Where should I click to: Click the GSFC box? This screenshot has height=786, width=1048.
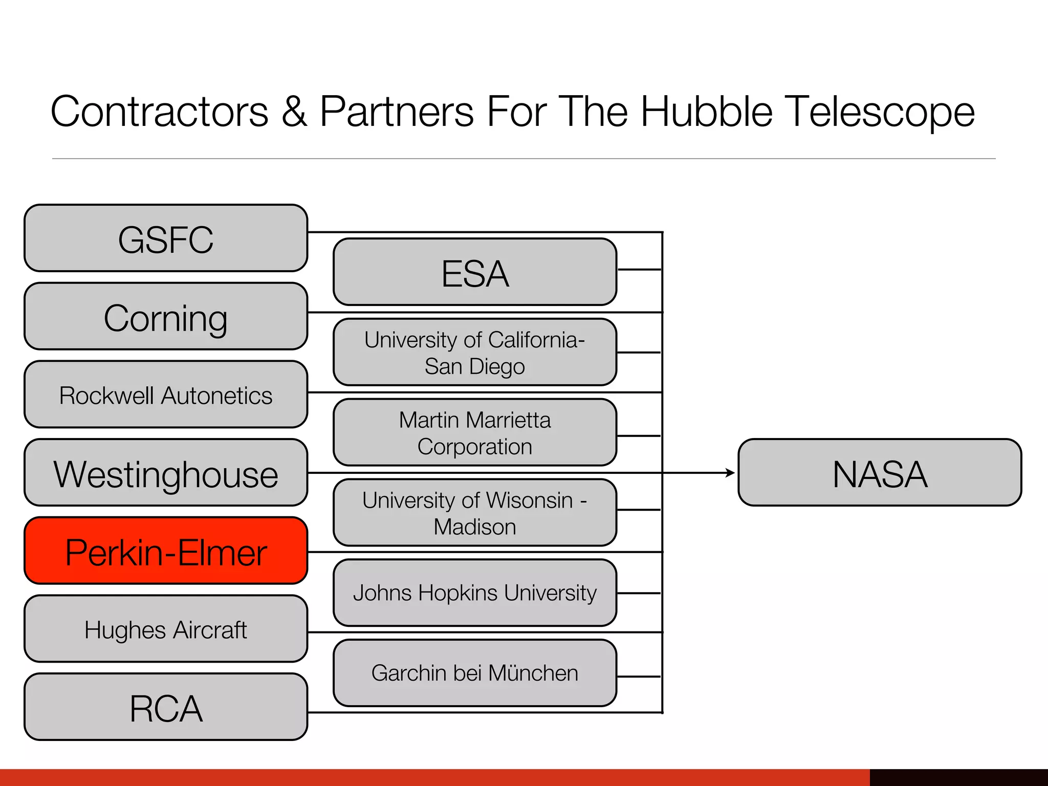coord(166,238)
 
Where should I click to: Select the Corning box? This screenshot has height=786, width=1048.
coord(166,317)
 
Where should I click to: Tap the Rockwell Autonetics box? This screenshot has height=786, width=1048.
coord(166,395)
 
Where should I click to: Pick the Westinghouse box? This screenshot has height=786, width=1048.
coord(166,473)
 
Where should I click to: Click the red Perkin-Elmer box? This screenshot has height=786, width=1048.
coord(166,551)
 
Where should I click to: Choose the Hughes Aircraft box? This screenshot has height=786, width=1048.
coord(166,629)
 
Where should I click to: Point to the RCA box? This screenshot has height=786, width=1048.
coord(166,707)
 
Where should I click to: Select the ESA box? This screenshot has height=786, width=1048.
coord(475,272)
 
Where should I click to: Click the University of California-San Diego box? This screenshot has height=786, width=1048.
coord(475,353)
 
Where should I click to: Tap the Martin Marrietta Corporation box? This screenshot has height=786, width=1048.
coord(475,433)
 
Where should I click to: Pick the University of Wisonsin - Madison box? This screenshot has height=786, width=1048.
coord(475,513)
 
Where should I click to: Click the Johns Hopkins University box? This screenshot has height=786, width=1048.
coord(475,593)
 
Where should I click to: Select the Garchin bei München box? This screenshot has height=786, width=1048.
coord(475,673)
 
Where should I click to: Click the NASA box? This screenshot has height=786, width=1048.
coord(880,473)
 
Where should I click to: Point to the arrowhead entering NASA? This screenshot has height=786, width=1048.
coord(730,473)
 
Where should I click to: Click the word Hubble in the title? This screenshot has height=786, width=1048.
coord(706,112)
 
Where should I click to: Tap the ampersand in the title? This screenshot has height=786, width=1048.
coord(294,112)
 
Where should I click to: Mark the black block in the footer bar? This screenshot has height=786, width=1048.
coord(958,777)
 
